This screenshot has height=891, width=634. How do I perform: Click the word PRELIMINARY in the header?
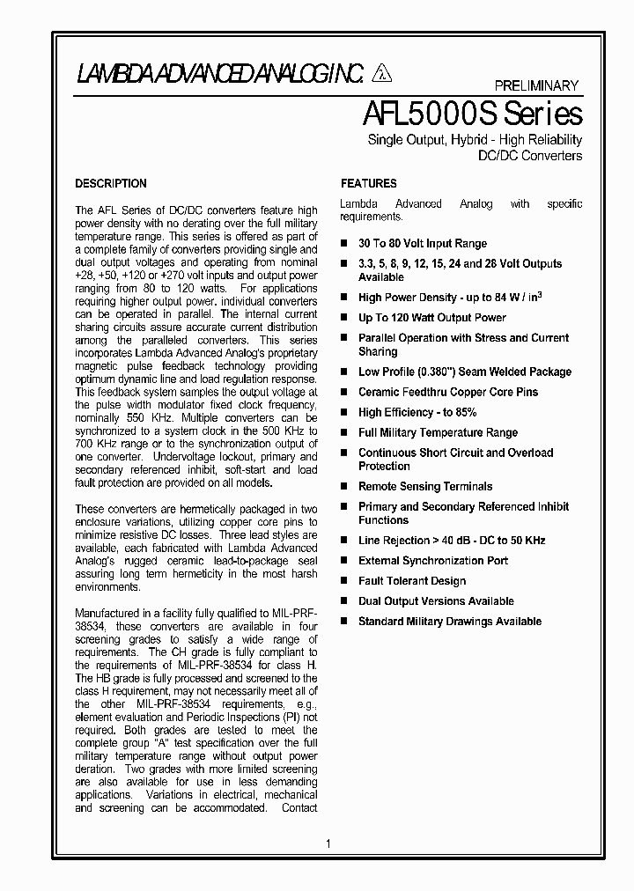(536, 86)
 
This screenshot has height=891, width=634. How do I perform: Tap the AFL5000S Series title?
(472, 114)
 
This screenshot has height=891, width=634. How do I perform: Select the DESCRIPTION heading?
(111, 184)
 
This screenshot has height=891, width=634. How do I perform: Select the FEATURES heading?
(369, 184)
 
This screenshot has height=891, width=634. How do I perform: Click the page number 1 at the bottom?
(328, 843)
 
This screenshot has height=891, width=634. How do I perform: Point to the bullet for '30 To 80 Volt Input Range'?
(344, 244)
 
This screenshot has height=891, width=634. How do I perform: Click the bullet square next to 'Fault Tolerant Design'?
(344, 582)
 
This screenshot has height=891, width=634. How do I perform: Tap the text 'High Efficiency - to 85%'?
(417, 412)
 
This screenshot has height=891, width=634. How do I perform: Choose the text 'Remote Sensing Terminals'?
(425, 487)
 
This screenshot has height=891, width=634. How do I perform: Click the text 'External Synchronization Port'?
(433, 561)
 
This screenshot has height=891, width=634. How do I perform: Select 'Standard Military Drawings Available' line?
(450, 622)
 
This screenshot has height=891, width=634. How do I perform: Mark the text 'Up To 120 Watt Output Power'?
(432, 318)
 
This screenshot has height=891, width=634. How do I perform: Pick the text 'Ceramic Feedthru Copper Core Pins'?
(448, 392)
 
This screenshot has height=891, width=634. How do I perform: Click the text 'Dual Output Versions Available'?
(436, 601)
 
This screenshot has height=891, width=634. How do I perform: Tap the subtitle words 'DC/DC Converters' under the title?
(529, 156)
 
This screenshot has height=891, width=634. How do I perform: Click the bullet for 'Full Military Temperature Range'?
(344, 433)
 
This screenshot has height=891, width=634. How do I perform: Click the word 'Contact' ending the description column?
(298, 807)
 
